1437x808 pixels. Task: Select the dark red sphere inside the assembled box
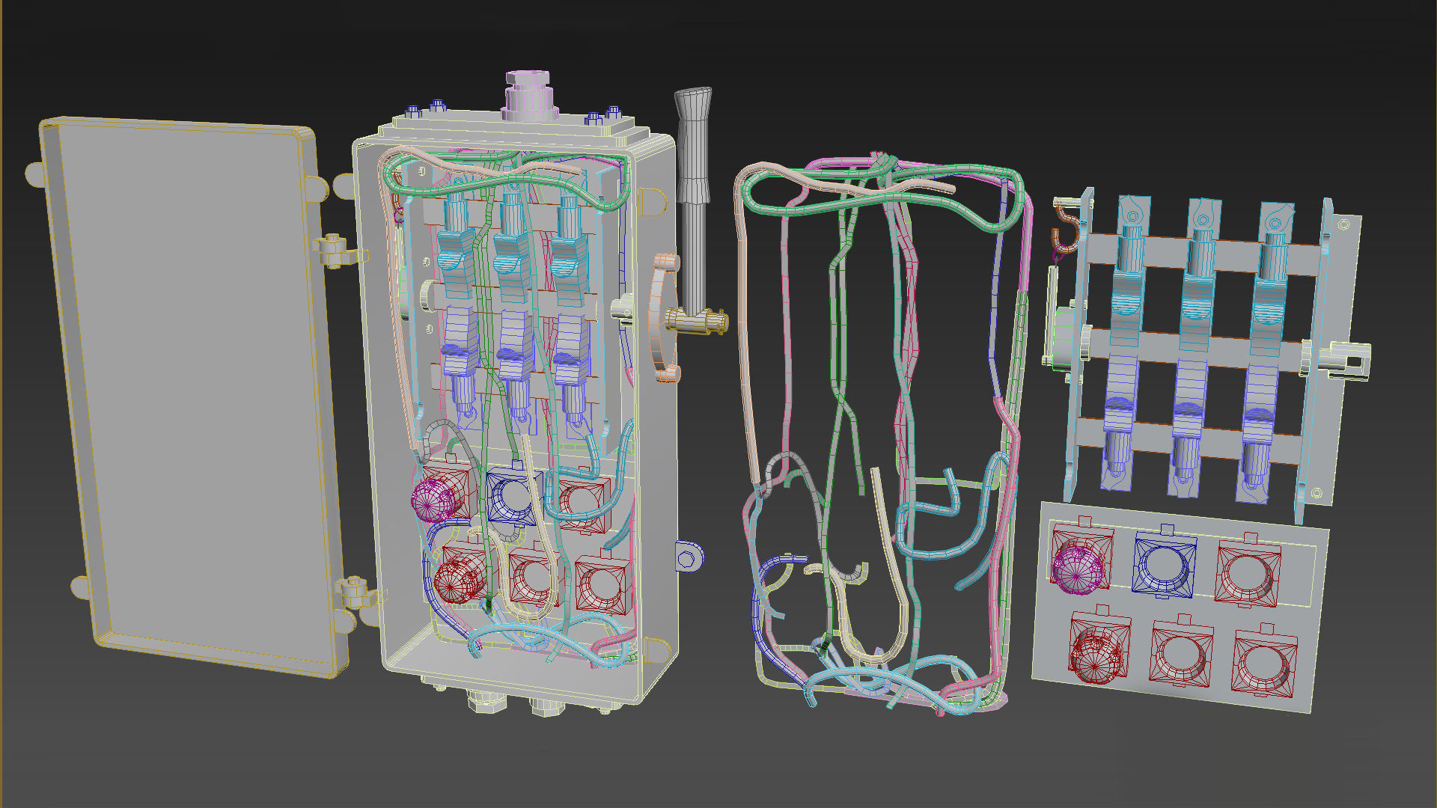point(457,581)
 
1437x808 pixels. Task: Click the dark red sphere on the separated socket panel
point(1095,655)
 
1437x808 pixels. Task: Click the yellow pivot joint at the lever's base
point(696,322)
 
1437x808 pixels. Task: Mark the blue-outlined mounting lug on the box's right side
point(688,557)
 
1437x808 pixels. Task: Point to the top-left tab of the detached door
point(34,174)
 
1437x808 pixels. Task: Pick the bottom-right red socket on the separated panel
point(1264,662)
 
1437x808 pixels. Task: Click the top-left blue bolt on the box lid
point(412,111)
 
